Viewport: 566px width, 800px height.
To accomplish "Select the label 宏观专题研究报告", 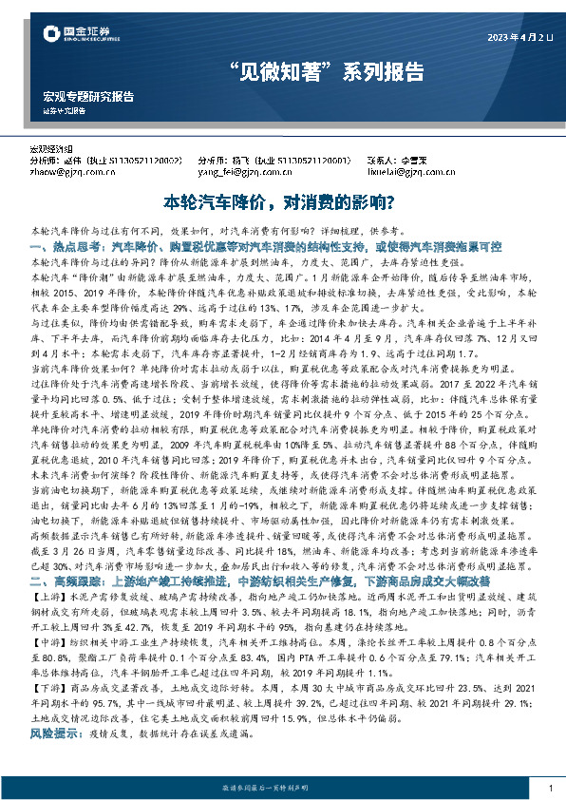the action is point(88,97).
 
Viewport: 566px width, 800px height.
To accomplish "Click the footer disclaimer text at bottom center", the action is point(282,789).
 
